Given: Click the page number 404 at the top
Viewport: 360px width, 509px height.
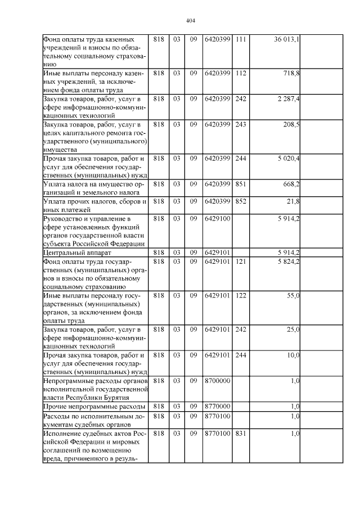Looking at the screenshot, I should click(190, 21).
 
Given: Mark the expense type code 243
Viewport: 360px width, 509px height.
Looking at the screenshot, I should click(241, 124).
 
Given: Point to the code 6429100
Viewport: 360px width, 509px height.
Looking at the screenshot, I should click(217, 218).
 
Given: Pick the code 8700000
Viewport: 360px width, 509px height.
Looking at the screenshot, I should click(217, 380).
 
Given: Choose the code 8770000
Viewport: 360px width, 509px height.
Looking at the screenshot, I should click(217, 406).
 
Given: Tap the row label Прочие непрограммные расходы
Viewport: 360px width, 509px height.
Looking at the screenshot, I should click(94, 406).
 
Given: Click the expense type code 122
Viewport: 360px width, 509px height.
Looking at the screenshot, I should click(241, 295).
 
